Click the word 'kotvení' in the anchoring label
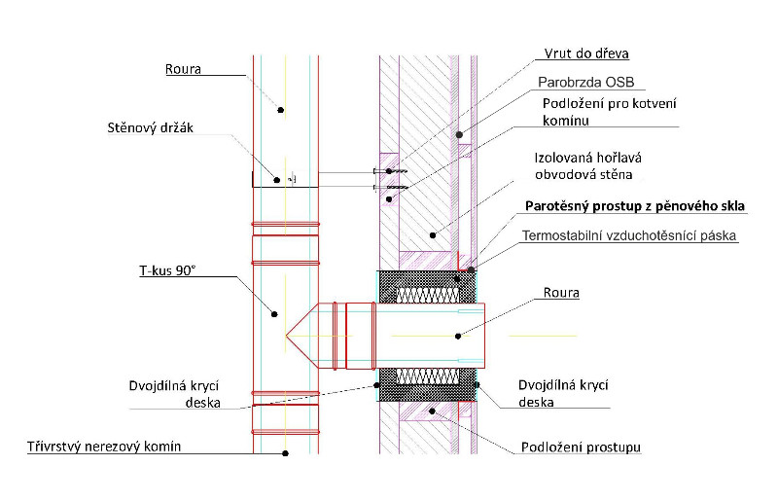(651, 103)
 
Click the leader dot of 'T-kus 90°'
(275, 313)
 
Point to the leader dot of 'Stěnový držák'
(276, 179)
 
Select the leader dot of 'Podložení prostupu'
(428, 412)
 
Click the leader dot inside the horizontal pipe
(458, 336)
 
